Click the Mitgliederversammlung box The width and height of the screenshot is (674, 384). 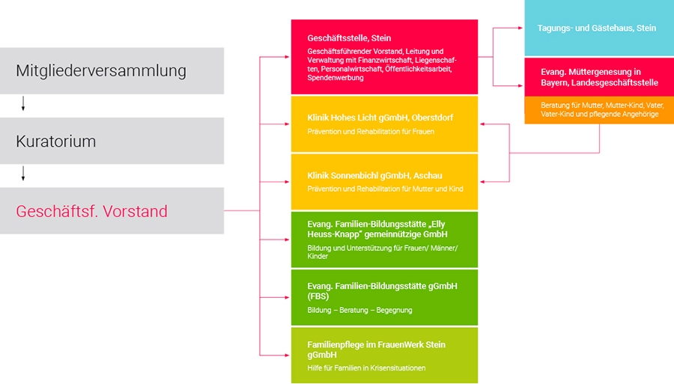112,71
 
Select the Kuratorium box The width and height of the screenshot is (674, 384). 112,141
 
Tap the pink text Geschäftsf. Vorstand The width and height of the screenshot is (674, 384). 91,211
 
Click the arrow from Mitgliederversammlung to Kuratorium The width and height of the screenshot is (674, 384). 23,103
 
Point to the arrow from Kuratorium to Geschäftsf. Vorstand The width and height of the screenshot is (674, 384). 23,174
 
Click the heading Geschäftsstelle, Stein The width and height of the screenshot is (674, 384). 349,38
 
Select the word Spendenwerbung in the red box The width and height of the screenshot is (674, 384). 336,78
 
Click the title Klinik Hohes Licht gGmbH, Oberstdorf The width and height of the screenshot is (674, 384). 380,118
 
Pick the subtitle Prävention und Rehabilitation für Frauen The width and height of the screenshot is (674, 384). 371,132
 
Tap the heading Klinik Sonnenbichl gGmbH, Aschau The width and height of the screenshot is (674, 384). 374,176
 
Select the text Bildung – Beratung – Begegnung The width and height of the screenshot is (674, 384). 359,310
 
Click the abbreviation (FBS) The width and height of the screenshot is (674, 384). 318,296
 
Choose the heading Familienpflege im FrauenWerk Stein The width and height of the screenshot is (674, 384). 376,344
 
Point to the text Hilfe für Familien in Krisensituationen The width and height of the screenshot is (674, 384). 366,368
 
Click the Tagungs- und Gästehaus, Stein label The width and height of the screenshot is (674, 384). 597,28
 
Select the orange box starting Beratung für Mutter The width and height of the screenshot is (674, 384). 599,110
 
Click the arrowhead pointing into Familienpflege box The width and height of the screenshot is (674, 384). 287,356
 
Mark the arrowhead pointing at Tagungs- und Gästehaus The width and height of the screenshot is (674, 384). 520,28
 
